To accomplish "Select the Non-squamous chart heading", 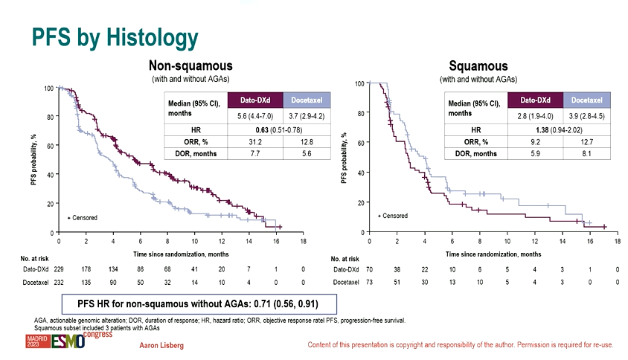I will click(185, 66).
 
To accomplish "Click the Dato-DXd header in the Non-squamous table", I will click(253, 100).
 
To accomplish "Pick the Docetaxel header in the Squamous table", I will click(586, 100).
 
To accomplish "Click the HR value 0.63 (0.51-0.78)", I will click(278, 129).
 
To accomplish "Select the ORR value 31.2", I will click(253, 141).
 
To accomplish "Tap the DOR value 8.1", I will click(586, 153).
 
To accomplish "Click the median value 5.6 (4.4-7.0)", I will click(253, 117).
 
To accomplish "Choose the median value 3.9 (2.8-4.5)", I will click(586, 116).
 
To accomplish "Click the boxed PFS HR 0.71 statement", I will click(208, 303).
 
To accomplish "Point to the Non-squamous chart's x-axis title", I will click(181, 254).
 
